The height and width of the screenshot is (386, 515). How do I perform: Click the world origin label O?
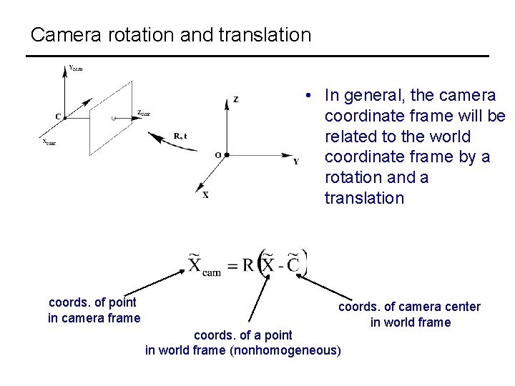(x=217, y=155)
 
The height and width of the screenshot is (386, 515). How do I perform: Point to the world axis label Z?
(x=236, y=100)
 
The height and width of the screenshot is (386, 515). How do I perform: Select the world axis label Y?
(x=296, y=162)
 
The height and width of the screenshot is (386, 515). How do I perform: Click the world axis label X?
(x=205, y=194)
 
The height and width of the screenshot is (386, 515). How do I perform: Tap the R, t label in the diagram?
(x=180, y=136)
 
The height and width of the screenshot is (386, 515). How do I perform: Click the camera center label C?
(x=57, y=117)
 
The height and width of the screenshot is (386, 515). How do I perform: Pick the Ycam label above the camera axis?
(x=76, y=69)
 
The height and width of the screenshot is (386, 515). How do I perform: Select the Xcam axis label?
(x=49, y=142)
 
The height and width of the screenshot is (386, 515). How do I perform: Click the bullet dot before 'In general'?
(x=305, y=96)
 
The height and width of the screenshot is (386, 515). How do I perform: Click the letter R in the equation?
(x=248, y=265)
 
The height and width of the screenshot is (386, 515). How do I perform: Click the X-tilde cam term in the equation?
(x=205, y=264)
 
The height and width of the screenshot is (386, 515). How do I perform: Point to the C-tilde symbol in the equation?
(x=293, y=263)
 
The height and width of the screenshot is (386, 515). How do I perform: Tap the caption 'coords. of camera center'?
(x=409, y=307)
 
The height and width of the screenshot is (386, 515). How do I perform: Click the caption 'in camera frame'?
(x=94, y=318)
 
